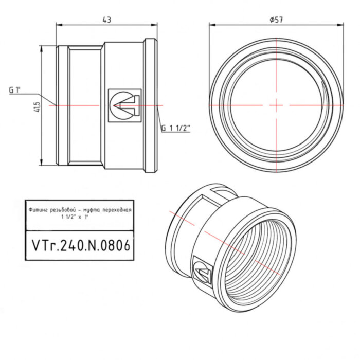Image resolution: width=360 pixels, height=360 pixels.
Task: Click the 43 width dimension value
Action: [107, 20]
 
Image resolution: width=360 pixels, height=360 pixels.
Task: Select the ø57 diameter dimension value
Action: [276, 20]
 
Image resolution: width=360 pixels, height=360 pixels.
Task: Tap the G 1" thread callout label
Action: [15, 90]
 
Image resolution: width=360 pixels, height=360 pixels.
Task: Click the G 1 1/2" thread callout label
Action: [176, 128]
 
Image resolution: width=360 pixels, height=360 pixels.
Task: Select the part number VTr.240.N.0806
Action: [80, 245]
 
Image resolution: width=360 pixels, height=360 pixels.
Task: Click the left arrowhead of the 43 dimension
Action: [58, 24]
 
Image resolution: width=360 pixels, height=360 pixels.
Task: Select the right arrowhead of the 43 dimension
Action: [155, 24]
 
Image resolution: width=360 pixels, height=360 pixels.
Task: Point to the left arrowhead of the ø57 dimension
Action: [211, 24]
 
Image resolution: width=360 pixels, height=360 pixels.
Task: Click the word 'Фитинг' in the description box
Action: [39, 210]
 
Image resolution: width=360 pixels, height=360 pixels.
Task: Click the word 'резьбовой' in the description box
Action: [63, 210]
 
